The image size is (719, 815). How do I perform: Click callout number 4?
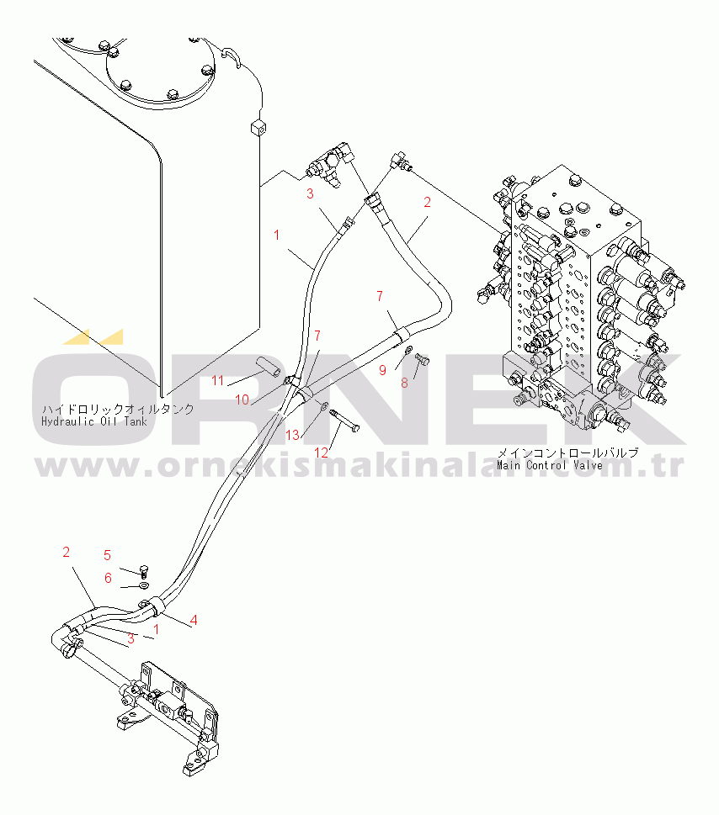click(x=194, y=621)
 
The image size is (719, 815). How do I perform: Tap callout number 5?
click(x=107, y=555)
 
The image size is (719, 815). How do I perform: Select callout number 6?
click(x=107, y=578)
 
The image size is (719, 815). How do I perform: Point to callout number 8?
click(x=404, y=381)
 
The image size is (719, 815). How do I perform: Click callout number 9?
click(x=381, y=369)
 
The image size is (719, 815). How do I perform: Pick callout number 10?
click(x=242, y=400)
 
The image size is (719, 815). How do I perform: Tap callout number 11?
click(x=218, y=381)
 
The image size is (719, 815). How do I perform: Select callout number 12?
click(x=320, y=452)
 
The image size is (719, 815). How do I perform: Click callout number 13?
click(x=292, y=435)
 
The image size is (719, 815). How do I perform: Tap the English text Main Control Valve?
click(x=549, y=464)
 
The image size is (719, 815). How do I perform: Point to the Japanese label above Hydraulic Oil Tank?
click(x=118, y=409)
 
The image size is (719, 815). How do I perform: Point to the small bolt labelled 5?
click(x=143, y=569)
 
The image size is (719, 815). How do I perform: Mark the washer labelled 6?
click(x=144, y=583)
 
